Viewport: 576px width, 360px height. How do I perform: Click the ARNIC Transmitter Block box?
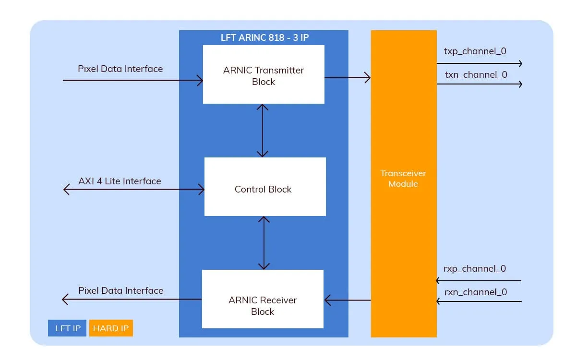264,74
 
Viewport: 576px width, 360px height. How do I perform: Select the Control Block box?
265,187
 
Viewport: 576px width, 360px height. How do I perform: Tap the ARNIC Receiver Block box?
263,299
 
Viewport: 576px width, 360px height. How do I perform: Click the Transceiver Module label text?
403,179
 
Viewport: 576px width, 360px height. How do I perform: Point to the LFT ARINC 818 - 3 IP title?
264,37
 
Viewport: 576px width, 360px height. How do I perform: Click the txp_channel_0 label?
475,51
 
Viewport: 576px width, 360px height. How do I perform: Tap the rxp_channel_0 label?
475,269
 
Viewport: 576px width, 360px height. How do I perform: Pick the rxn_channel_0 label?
475,292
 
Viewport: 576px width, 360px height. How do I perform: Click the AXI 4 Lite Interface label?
120,181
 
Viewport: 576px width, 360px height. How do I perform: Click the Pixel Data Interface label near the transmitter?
120,69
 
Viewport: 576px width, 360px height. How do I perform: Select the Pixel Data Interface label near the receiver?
120,290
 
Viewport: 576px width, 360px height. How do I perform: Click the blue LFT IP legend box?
67,328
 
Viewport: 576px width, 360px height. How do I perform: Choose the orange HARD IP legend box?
111,328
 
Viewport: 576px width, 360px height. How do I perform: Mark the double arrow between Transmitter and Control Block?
263,130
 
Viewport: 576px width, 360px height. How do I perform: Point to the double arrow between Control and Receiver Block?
264,242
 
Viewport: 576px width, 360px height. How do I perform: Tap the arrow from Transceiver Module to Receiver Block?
348,300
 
